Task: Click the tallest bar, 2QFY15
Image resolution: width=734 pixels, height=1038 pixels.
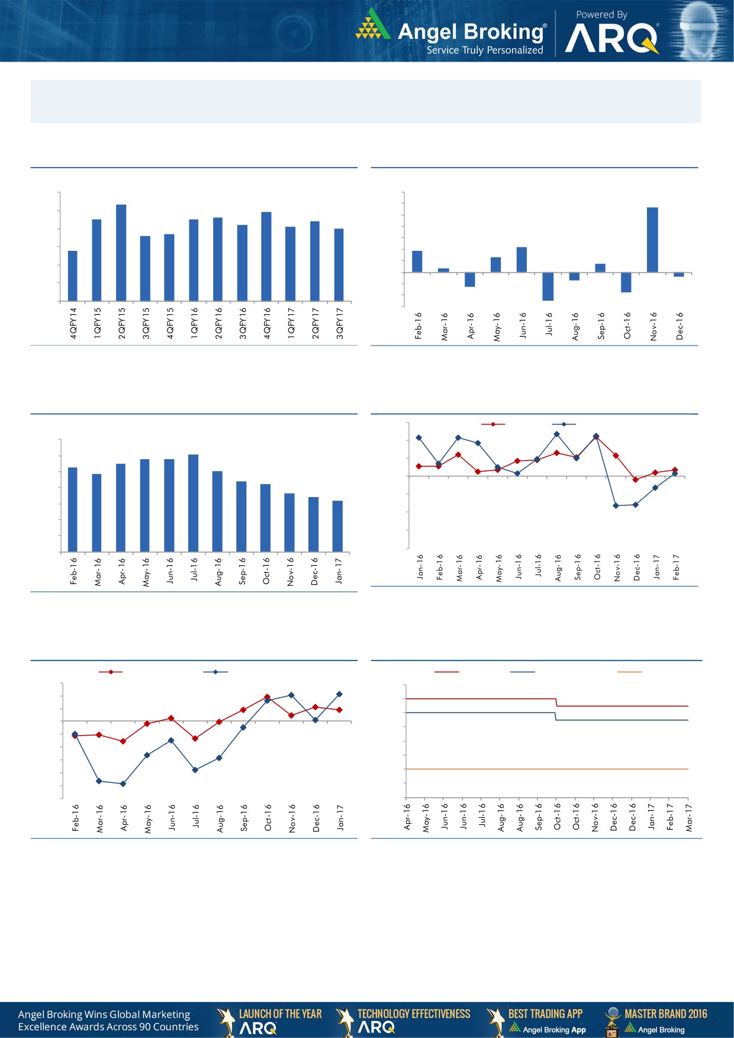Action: (121, 253)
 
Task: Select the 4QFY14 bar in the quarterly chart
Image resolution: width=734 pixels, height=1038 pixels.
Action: (73, 276)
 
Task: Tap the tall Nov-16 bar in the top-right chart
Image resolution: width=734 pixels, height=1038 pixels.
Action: (652, 240)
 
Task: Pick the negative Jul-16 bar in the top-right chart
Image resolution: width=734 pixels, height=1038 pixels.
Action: (548, 286)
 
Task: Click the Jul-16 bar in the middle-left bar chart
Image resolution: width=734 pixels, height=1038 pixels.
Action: (193, 503)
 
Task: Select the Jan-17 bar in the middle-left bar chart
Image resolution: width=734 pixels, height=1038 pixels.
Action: (337, 526)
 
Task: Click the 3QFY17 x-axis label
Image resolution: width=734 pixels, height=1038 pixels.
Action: (340, 323)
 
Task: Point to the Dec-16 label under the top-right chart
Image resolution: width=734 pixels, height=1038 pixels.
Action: (680, 326)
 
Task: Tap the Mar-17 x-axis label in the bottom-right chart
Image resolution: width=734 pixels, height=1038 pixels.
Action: (689, 817)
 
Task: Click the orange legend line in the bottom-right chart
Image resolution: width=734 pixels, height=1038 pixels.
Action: (629, 672)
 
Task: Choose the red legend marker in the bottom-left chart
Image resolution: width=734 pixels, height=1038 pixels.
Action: (111, 672)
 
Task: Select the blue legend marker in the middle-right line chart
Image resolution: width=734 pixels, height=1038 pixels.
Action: (564, 424)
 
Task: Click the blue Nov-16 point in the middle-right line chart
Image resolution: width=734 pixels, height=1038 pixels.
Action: (616, 505)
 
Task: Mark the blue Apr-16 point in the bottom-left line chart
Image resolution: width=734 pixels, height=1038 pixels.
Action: (123, 784)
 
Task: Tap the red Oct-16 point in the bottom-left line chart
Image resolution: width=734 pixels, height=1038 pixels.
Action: (267, 697)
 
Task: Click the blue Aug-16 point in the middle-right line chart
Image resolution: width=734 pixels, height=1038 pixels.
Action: (556, 434)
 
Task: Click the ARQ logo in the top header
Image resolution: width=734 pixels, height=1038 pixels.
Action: (611, 39)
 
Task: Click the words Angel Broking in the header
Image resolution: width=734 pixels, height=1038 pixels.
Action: (471, 31)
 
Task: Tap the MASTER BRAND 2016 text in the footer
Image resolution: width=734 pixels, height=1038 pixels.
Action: (665, 1014)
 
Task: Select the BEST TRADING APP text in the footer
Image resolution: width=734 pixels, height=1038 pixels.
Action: (545, 1014)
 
